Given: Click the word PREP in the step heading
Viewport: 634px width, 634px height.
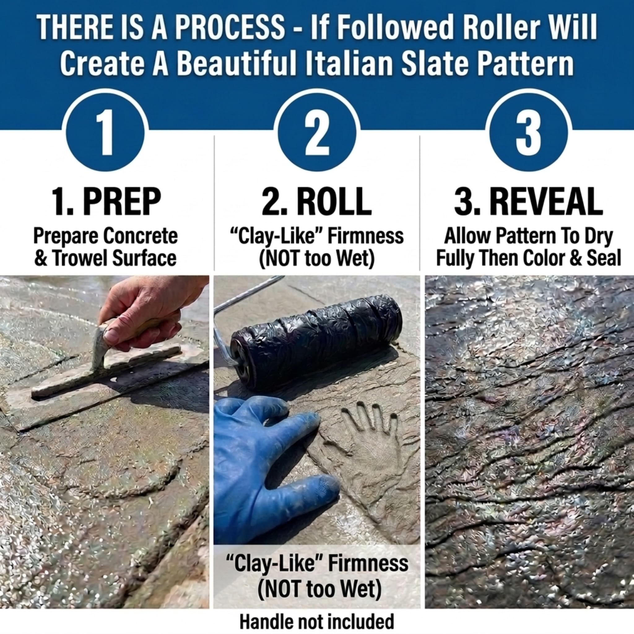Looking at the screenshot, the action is coord(122,201).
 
